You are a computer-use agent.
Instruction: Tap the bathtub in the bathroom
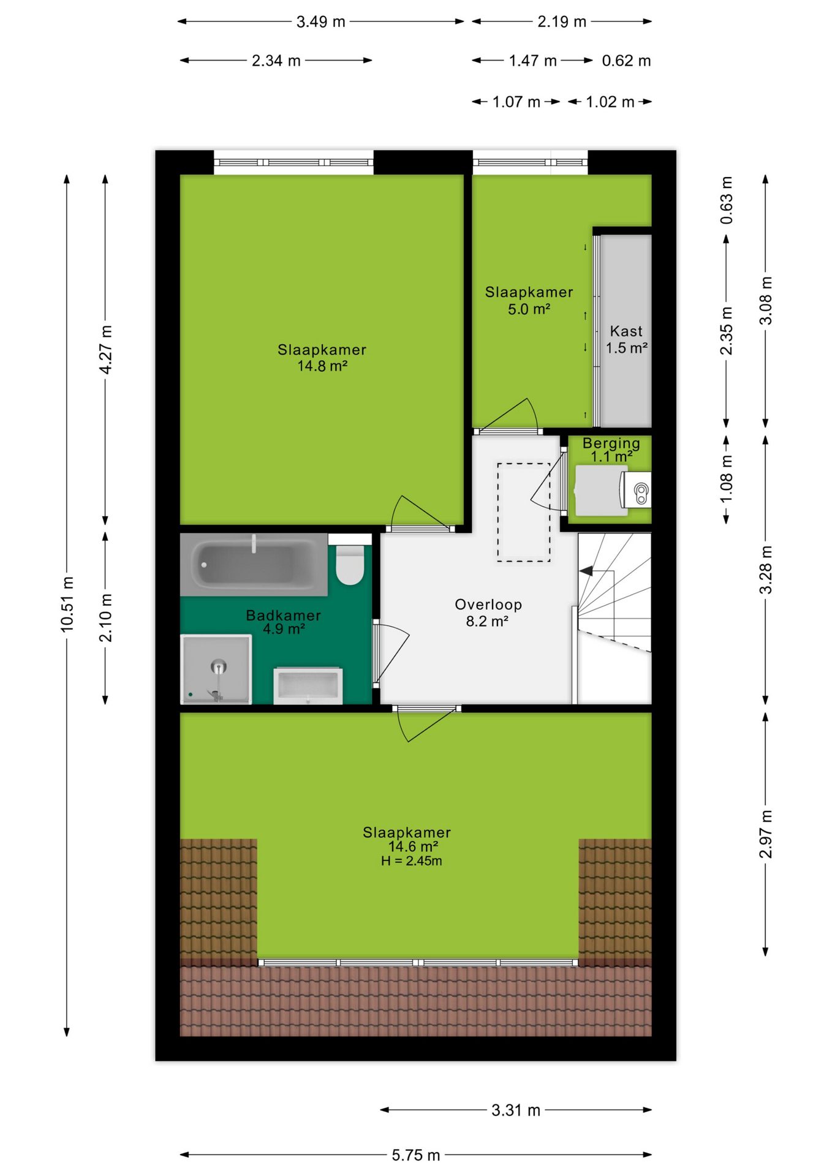(254, 564)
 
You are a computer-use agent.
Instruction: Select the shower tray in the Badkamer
(216, 669)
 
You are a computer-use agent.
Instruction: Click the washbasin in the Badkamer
(308, 686)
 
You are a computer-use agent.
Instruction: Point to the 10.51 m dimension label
(67, 604)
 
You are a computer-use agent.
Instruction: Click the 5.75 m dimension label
(416, 1155)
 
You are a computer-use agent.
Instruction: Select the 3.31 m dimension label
(516, 1110)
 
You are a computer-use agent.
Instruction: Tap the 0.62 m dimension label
(626, 61)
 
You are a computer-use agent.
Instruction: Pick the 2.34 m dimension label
(276, 61)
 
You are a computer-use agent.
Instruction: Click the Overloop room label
(488, 605)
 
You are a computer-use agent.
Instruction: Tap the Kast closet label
(626, 331)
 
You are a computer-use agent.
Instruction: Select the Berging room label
(611, 443)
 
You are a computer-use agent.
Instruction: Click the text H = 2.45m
(411, 861)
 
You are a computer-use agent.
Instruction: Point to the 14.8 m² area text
(322, 366)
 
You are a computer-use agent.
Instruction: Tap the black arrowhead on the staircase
(586, 571)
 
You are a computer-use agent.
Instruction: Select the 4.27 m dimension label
(106, 350)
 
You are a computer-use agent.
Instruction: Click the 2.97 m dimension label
(766, 834)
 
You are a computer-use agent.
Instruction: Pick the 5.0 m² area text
(529, 309)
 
